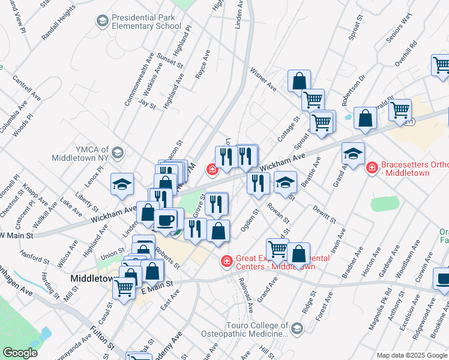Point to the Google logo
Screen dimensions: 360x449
click(20, 353)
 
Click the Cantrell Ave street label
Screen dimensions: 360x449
click(27, 88)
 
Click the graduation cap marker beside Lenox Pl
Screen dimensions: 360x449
click(122, 184)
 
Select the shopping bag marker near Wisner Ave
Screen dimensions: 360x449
click(299, 81)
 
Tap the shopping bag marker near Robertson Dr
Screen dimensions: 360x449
click(365, 119)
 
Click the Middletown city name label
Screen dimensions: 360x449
click(92, 279)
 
